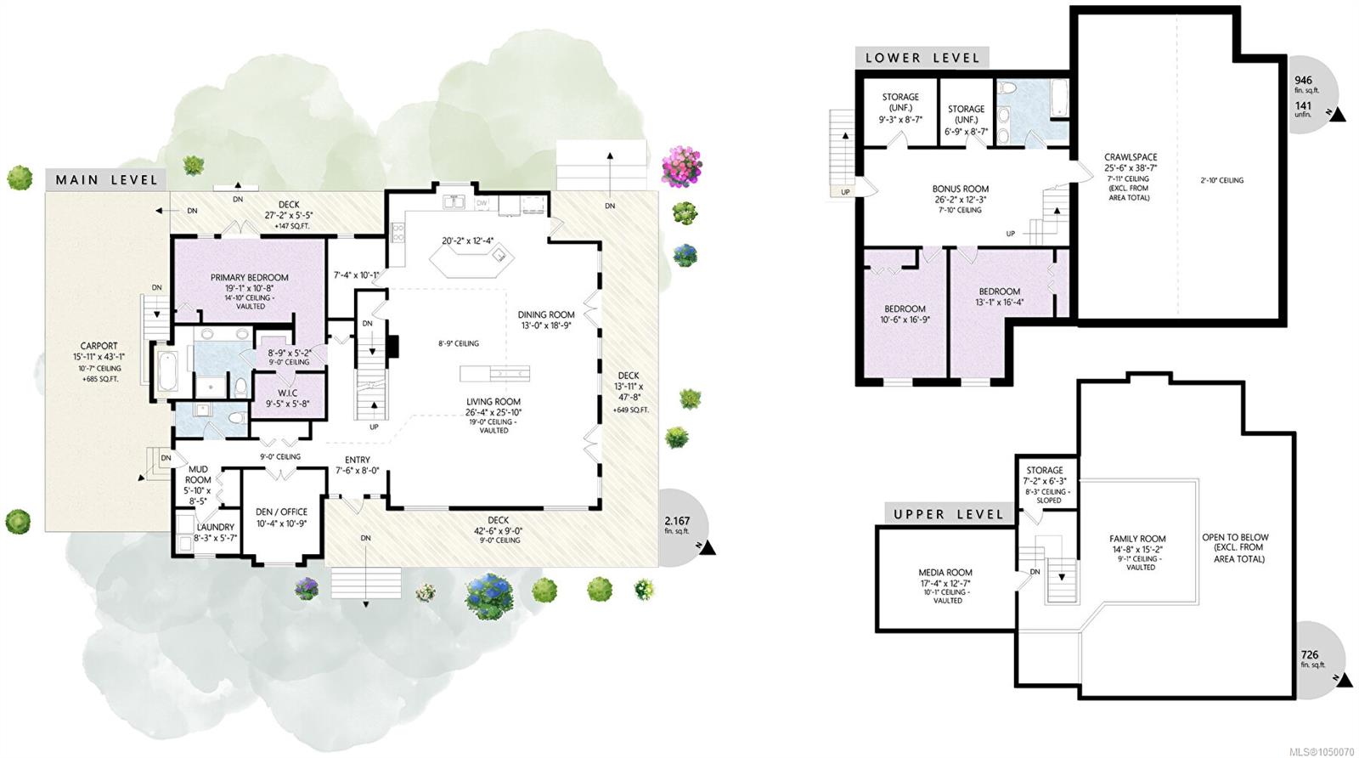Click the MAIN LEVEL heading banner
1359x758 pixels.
[x=107, y=179]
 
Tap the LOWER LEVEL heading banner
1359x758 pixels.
[x=922, y=58]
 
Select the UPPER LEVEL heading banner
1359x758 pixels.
[x=949, y=514]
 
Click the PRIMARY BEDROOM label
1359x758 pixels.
[x=250, y=277]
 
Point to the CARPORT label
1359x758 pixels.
[x=99, y=346]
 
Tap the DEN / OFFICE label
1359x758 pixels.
[x=281, y=512]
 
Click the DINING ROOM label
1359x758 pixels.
[x=546, y=314]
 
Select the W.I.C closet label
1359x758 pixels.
[x=287, y=392]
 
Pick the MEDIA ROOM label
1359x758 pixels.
[x=945, y=572]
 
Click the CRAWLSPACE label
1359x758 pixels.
[x=1131, y=157]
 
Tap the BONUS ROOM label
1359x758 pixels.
[x=961, y=189]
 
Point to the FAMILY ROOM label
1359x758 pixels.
[x=1137, y=538]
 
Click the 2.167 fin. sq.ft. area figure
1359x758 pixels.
[x=677, y=525]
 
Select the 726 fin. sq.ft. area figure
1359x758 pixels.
[x=1311, y=659]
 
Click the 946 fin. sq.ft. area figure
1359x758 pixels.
[x=1306, y=84]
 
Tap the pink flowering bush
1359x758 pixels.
[x=682, y=166]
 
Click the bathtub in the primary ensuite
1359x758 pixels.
[x=167, y=371]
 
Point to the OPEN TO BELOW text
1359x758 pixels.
[x=1235, y=537]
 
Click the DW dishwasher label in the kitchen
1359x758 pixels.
[x=482, y=203]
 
